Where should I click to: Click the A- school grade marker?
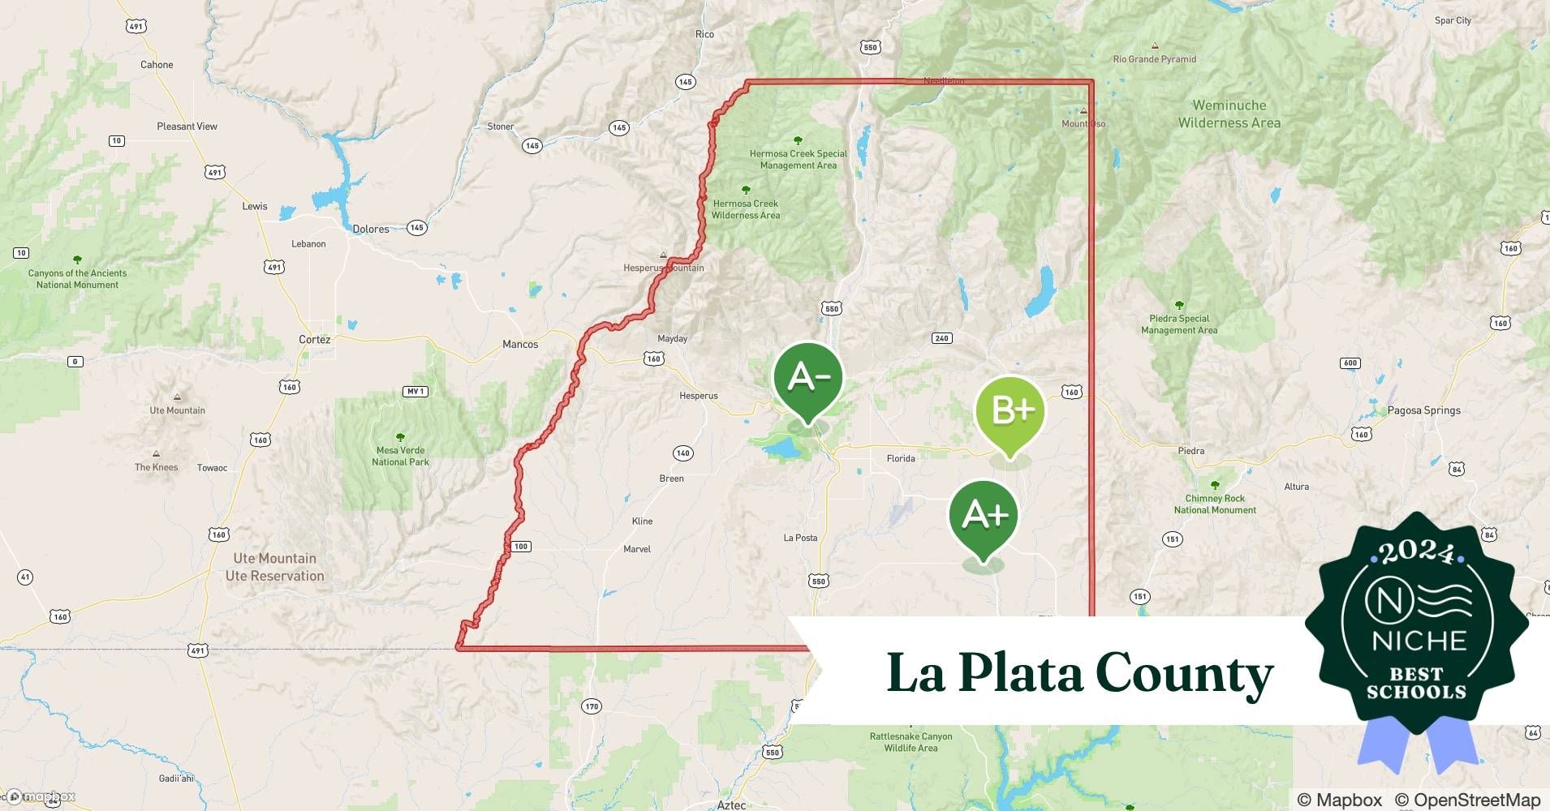point(807,379)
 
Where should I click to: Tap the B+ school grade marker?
point(1010,412)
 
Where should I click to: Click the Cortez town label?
point(314,340)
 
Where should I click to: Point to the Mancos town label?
point(520,345)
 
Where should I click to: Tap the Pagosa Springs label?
point(1423,410)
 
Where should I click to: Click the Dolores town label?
point(371,230)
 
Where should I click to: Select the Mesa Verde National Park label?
point(400,457)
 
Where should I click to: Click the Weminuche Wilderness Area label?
point(1229,114)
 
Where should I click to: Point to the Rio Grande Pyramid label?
point(1154,59)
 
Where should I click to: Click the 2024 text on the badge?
point(1417,552)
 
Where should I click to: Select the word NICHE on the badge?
point(1419,642)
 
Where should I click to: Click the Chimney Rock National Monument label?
point(1215,504)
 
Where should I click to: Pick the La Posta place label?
point(800,538)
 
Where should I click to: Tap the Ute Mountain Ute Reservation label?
point(275,567)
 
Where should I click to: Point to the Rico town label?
point(704,34)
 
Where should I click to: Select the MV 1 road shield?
point(415,392)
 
